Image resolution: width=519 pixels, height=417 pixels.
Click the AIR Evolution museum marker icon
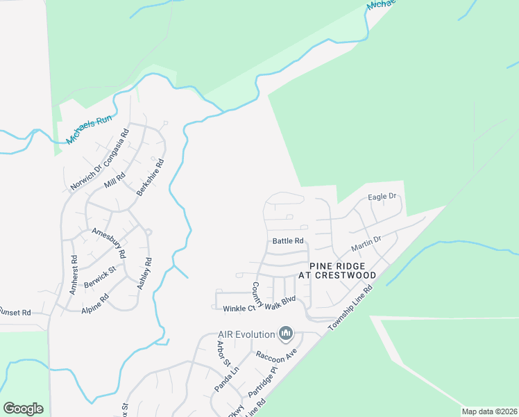click(285, 335)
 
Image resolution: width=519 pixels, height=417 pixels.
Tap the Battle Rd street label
click(289, 241)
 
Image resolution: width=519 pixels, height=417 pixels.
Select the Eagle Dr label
click(382, 197)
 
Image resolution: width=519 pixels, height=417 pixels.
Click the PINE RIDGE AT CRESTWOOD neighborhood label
click(337, 270)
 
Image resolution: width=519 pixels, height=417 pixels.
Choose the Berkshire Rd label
click(150, 177)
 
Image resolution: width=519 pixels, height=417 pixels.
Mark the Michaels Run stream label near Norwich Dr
click(89, 129)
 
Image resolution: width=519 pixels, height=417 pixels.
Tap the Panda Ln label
click(226, 377)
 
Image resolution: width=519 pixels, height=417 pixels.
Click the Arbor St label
click(222, 354)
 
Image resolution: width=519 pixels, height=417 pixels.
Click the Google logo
click(23, 409)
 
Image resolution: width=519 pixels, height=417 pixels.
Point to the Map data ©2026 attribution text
click(488, 411)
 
